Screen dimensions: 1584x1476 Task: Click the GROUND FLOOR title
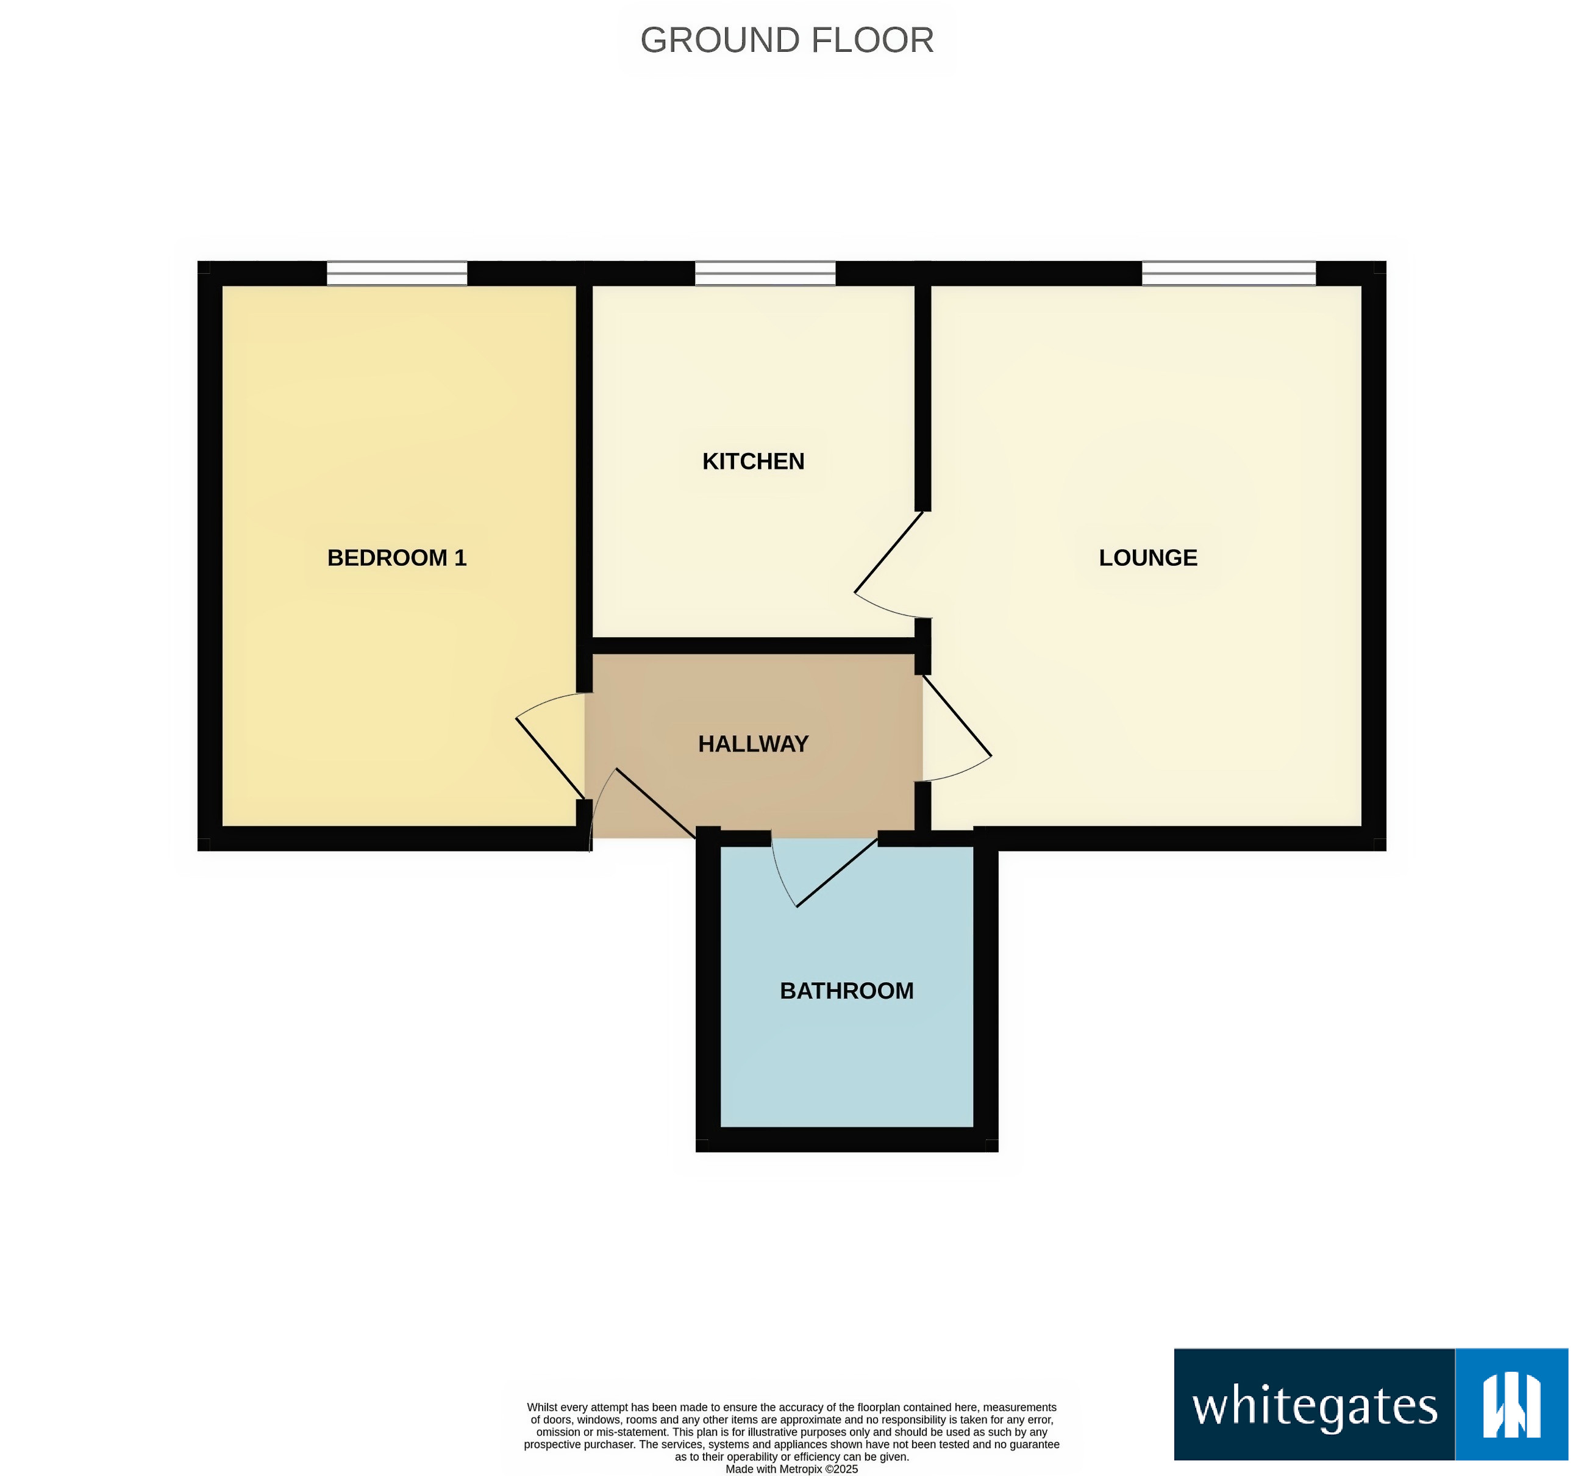787,40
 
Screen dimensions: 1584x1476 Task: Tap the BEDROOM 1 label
397,558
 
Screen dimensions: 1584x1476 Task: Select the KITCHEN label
753,461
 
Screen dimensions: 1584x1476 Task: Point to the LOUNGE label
1147,558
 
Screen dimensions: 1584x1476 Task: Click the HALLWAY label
753,744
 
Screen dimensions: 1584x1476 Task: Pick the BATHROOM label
846,991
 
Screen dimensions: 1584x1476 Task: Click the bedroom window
397,273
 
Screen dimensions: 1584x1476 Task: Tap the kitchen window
765,273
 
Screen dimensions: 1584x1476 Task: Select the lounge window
1229,273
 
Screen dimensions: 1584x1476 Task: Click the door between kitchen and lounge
888,551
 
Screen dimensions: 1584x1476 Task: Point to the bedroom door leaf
550,758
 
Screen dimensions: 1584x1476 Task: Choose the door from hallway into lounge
957,715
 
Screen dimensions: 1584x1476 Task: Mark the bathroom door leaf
837,872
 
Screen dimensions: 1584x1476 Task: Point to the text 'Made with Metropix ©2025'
791,1469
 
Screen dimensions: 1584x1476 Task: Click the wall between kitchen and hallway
753,646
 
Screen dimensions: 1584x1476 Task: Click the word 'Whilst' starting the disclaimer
542,1408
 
